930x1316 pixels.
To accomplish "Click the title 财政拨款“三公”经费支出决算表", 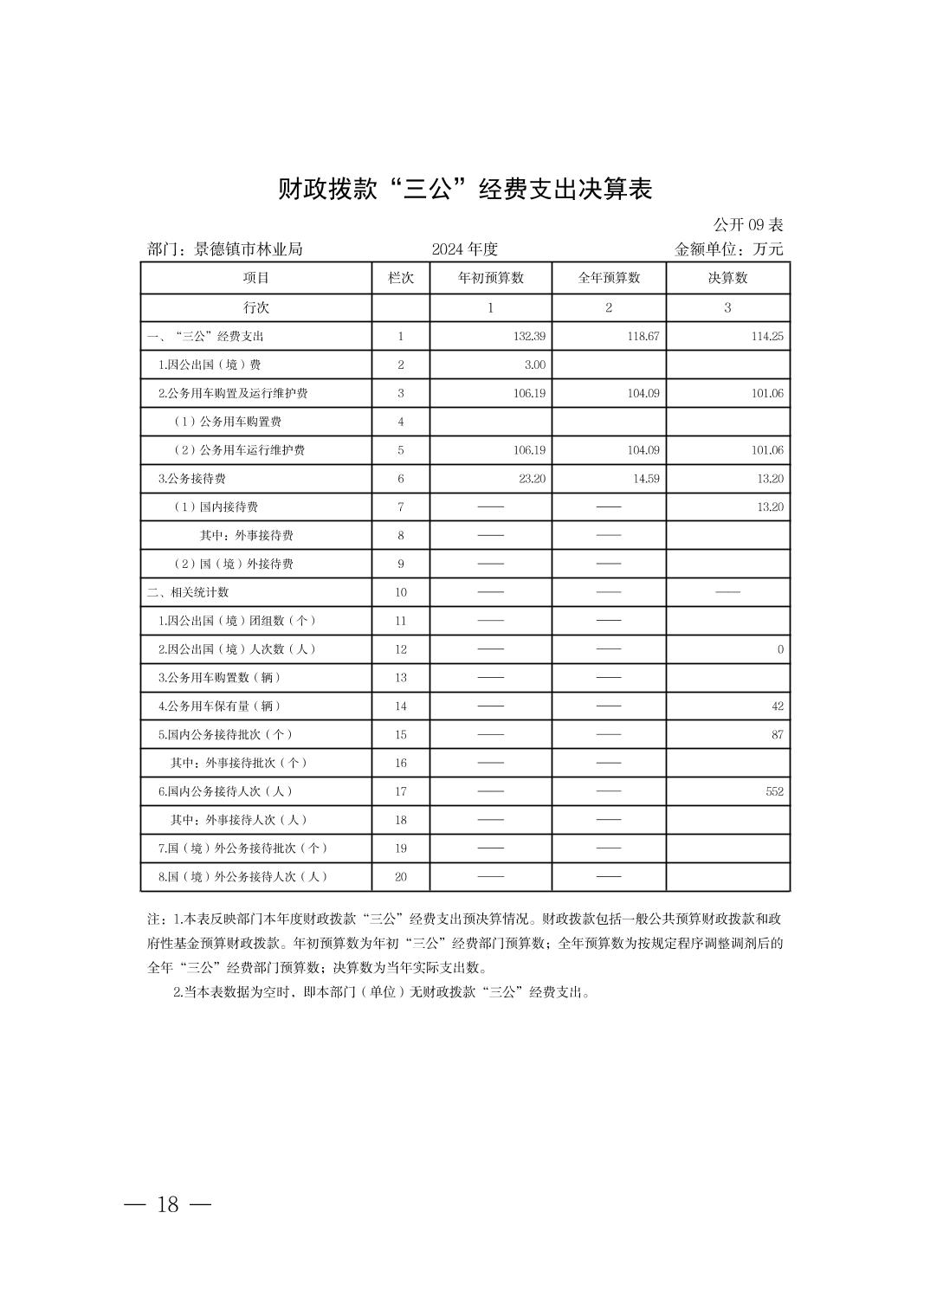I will (x=464, y=189).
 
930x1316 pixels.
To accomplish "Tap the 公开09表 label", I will (x=747, y=225).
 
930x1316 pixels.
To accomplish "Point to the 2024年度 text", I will (x=465, y=249).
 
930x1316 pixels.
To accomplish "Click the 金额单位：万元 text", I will (x=728, y=249).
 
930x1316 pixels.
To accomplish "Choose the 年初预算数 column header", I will (x=490, y=278).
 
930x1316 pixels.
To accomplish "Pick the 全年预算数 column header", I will (x=609, y=278).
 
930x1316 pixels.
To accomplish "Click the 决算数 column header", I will (x=727, y=278).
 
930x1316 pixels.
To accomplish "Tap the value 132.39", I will (x=529, y=336).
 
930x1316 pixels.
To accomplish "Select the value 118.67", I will (x=643, y=336).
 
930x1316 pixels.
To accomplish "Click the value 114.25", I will (x=767, y=336).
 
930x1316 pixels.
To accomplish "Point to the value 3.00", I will (x=535, y=364).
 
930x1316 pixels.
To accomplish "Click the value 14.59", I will (x=646, y=479).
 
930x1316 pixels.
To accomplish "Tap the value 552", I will (x=774, y=791).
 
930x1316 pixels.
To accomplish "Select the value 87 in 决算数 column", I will (x=777, y=734).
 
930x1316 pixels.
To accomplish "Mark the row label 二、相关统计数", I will (x=188, y=592).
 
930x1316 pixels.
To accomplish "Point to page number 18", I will (x=168, y=1204).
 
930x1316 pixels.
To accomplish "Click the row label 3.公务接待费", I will (x=192, y=479).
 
